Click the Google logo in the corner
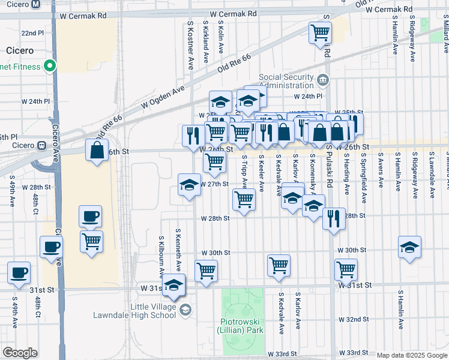pyautogui.click(x=20, y=353)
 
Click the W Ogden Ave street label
pyautogui.click(x=163, y=97)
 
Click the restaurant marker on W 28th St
pyautogui.click(x=334, y=218)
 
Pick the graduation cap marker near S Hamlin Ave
pyautogui.click(x=409, y=247)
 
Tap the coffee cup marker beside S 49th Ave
pyautogui.click(x=19, y=272)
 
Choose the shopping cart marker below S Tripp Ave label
pyautogui.click(x=243, y=199)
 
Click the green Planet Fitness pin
pyautogui.click(x=50, y=67)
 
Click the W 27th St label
pyautogui.click(x=215, y=184)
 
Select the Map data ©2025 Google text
pyautogui.click(x=411, y=355)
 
